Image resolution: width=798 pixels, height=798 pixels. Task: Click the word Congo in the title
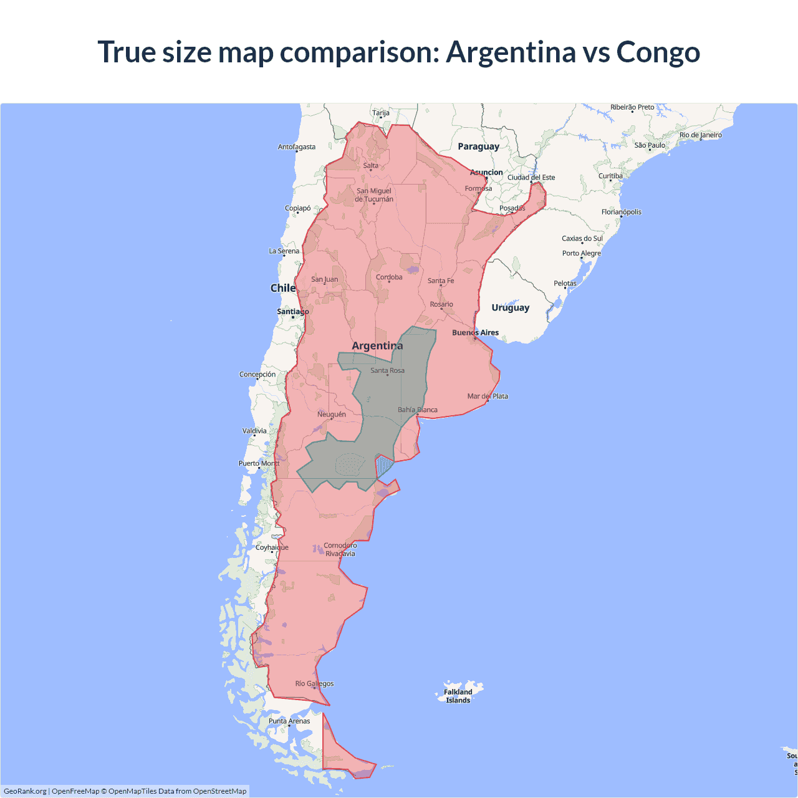pyautogui.click(x=658, y=52)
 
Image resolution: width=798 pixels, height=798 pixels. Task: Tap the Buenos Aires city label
pyautogui.click(x=475, y=333)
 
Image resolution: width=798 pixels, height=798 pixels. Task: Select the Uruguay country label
pyautogui.click(x=510, y=307)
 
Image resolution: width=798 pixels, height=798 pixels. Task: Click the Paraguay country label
pyautogui.click(x=478, y=147)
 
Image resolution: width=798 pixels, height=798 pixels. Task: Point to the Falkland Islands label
pyautogui.click(x=458, y=696)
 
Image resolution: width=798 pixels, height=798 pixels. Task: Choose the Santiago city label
pyautogui.click(x=292, y=311)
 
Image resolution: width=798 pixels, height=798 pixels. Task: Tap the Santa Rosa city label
pyautogui.click(x=387, y=370)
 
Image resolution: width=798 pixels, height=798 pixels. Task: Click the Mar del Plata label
pyautogui.click(x=488, y=396)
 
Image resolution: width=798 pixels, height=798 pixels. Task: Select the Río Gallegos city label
pyautogui.click(x=314, y=683)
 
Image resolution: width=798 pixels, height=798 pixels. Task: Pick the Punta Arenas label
pyautogui.click(x=289, y=721)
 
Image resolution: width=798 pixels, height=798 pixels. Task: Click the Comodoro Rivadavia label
pyautogui.click(x=340, y=549)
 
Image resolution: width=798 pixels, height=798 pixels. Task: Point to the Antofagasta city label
pyautogui.click(x=296, y=147)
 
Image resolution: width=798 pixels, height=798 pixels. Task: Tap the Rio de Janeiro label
pyautogui.click(x=700, y=135)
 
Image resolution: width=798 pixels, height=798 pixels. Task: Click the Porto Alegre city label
pyautogui.click(x=581, y=253)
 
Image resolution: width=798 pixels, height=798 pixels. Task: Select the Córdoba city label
pyautogui.click(x=389, y=277)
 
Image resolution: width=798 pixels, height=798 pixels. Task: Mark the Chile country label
pyautogui.click(x=282, y=288)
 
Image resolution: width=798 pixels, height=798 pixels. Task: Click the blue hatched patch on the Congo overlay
pyautogui.click(x=383, y=466)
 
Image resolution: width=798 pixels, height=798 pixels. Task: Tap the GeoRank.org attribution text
pyautogui.click(x=25, y=791)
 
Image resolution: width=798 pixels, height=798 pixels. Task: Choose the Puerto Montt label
pyautogui.click(x=259, y=463)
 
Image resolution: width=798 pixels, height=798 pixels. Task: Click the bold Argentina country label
pyautogui.click(x=377, y=345)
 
